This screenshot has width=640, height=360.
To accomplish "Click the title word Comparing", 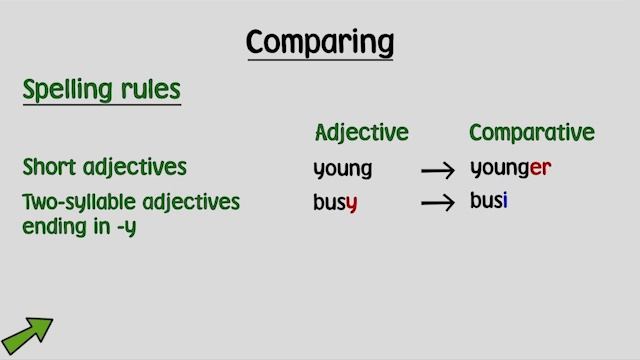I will [x=320, y=43].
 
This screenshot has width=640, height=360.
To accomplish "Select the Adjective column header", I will [x=361, y=133].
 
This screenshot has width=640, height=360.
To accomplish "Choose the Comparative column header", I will [x=531, y=133].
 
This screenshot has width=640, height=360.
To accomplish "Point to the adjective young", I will [x=342, y=169].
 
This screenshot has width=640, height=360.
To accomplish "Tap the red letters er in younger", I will [x=540, y=168].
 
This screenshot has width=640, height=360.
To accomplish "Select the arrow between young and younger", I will [x=438, y=171].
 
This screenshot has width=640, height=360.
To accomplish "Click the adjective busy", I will [x=335, y=203].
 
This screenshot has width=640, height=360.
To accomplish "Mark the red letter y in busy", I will [x=351, y=205].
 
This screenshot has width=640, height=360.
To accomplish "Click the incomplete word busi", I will [x=489, y=201].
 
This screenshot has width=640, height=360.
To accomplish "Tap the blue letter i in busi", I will [x=505, y=201].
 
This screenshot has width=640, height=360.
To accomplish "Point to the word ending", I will [x=50, y=227].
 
